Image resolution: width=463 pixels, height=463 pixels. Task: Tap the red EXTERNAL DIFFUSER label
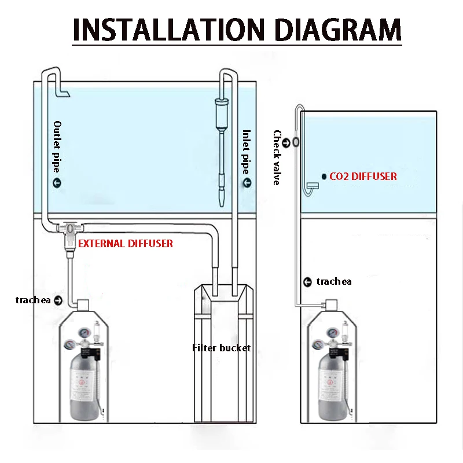point(126,244)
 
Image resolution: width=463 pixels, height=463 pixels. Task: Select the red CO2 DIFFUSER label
point(363,176)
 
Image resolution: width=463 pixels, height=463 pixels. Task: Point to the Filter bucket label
point(222,348)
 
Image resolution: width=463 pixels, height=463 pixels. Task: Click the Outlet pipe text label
point(57,146)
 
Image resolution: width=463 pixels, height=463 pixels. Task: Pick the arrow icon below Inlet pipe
point(247,184)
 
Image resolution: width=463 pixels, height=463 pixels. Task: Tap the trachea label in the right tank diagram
point(334,282)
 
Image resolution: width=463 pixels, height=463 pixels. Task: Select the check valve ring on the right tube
point(295,141)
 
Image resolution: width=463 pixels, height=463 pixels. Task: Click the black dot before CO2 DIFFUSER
point(323,176)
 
